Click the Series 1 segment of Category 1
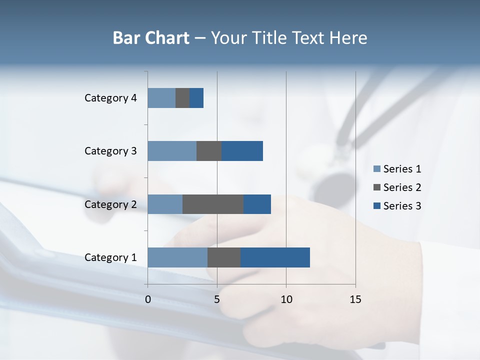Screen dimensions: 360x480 (177, 257)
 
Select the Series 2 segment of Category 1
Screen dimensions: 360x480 (224, 257)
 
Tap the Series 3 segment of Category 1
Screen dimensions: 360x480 (275, 257)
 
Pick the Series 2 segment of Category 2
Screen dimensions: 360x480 (213, 204)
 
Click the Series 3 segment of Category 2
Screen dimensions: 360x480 (257, 204)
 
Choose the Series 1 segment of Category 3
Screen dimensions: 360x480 (172, 151)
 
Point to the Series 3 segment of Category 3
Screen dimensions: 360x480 (242, 151)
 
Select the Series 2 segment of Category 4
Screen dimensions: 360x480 (182, 98)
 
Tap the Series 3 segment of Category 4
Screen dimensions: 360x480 (196, 98)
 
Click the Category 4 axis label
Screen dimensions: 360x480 (110, 98)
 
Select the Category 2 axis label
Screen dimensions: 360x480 (110, 204)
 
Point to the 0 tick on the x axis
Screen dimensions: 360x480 (148, 299)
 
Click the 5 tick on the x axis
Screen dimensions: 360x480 (217, 299)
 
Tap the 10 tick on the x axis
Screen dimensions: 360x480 (286, 299)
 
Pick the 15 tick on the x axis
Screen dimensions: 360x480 (355, 299)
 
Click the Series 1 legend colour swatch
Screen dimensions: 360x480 (376, 169)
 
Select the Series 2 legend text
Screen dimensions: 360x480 (402, 187)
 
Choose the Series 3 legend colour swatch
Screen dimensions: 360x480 (376, 206)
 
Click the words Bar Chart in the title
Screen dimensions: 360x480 (151, 38)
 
